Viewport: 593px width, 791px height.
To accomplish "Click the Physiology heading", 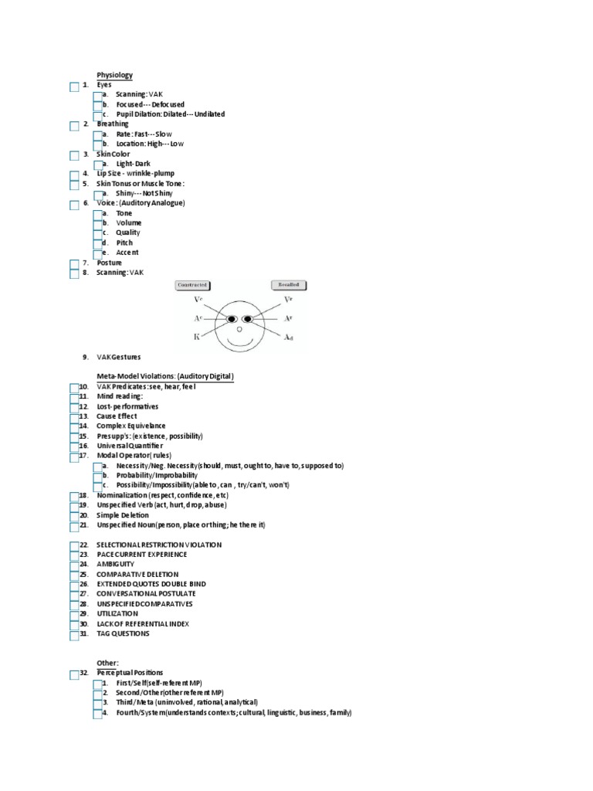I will (x=114, y=75).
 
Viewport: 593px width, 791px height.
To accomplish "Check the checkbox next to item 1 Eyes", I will (x=74, y=87).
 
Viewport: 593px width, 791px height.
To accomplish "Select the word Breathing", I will (x=113, y=124).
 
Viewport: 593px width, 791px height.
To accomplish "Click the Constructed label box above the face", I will (x=192, y=285).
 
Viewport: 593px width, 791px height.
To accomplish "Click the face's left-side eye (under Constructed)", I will (x=229, y=318).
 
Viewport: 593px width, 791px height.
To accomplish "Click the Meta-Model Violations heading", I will (x=165, y=376).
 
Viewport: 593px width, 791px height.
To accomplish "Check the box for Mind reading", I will (x=74, y=397).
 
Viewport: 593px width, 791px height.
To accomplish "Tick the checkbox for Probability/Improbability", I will (x=99, y=477).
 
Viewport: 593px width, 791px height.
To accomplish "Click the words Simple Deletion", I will (x=122, y=515).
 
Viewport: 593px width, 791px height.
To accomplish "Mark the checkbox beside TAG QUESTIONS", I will (x=74, y=635).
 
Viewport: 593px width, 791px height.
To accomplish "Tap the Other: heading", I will (x=107, y=663).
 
